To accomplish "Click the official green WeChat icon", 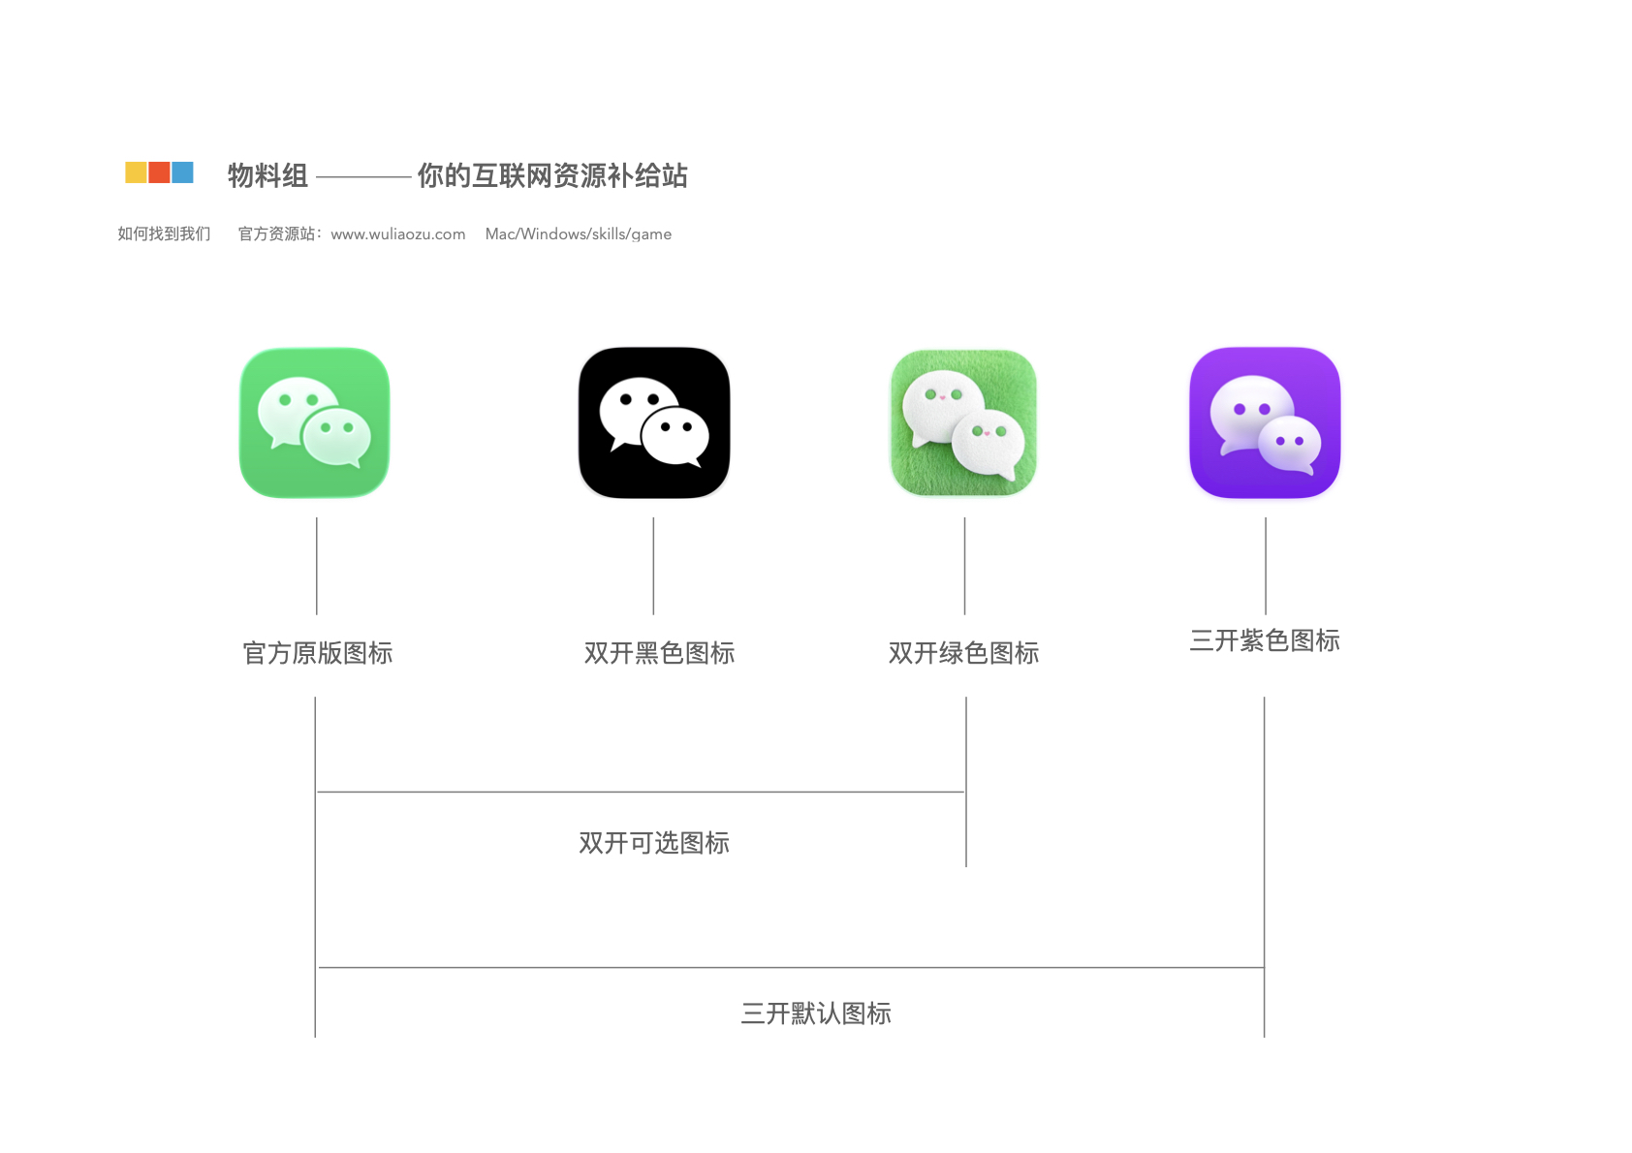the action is click(x=315, y=423).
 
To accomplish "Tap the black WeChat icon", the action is click(x=654, y=423).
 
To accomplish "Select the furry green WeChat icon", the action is click(x=964, y=423).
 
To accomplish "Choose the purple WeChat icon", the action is click(x=1265, y=423).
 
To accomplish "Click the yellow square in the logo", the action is click(x=137, y=172).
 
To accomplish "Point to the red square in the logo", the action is click(x=160, y=172).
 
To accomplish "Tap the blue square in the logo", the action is click(x=183, y=172).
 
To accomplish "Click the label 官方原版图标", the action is click(x=318, y=653).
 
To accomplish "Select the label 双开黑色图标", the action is click(x=659, y=653).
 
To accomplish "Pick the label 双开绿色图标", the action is click(x=964, y=653).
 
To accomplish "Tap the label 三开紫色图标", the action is click(x=1265, y=640).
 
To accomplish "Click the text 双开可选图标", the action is click(x=654, y=843).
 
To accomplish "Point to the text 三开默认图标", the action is click(x=816, y=1013).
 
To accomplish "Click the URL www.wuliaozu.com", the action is click(x=397, y=234).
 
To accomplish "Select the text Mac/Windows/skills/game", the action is click(x=579, y=234).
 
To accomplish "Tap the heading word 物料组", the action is click(x=267, y=175).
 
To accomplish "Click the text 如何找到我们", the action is click(x=164, y=234).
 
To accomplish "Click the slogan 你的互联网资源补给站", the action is click(x=552, y=175).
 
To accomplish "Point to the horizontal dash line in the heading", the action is click(x=363, y=177).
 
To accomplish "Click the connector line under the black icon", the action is click(x=653, y=566).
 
